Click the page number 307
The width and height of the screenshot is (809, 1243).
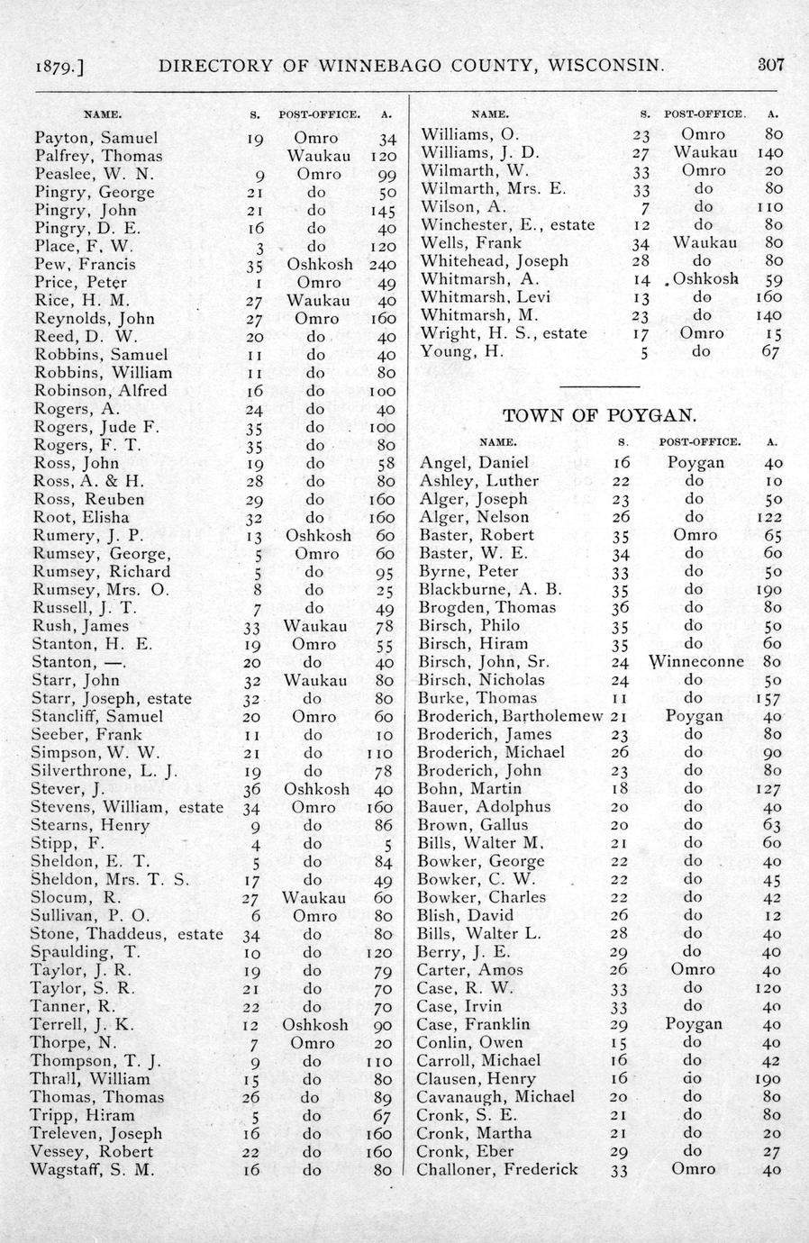[x=771, y=65]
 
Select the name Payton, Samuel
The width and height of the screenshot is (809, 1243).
[x=95, y=138]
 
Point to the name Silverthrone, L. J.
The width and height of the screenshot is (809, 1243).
[x=105, y=770]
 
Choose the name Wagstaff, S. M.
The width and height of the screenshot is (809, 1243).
[x=93, y=1169]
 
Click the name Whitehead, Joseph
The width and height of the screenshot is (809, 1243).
[x=494, y=260]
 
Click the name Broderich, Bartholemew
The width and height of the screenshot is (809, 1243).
[x=510, y=715]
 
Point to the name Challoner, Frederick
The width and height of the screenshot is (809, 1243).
[x=497, y=1169]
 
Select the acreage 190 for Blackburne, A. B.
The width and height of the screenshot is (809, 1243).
[x=770, y=589]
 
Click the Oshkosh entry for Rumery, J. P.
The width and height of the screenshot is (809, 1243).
[x=319, y=535]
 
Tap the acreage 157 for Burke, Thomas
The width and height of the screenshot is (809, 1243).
[x=770, y=697]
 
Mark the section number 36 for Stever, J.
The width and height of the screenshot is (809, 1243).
[x=252, y=788]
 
